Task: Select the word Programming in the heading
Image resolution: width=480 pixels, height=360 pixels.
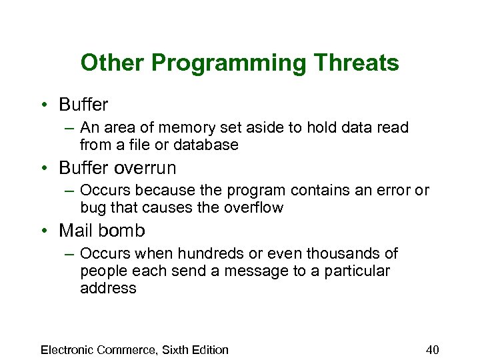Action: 221,63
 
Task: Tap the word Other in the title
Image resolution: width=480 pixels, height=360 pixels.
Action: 113,63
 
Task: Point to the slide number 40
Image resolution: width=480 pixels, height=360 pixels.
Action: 432,350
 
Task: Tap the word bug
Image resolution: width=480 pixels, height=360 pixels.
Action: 93,208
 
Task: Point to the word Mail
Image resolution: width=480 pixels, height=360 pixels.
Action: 75,231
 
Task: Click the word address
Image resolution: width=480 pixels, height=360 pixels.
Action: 107,288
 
